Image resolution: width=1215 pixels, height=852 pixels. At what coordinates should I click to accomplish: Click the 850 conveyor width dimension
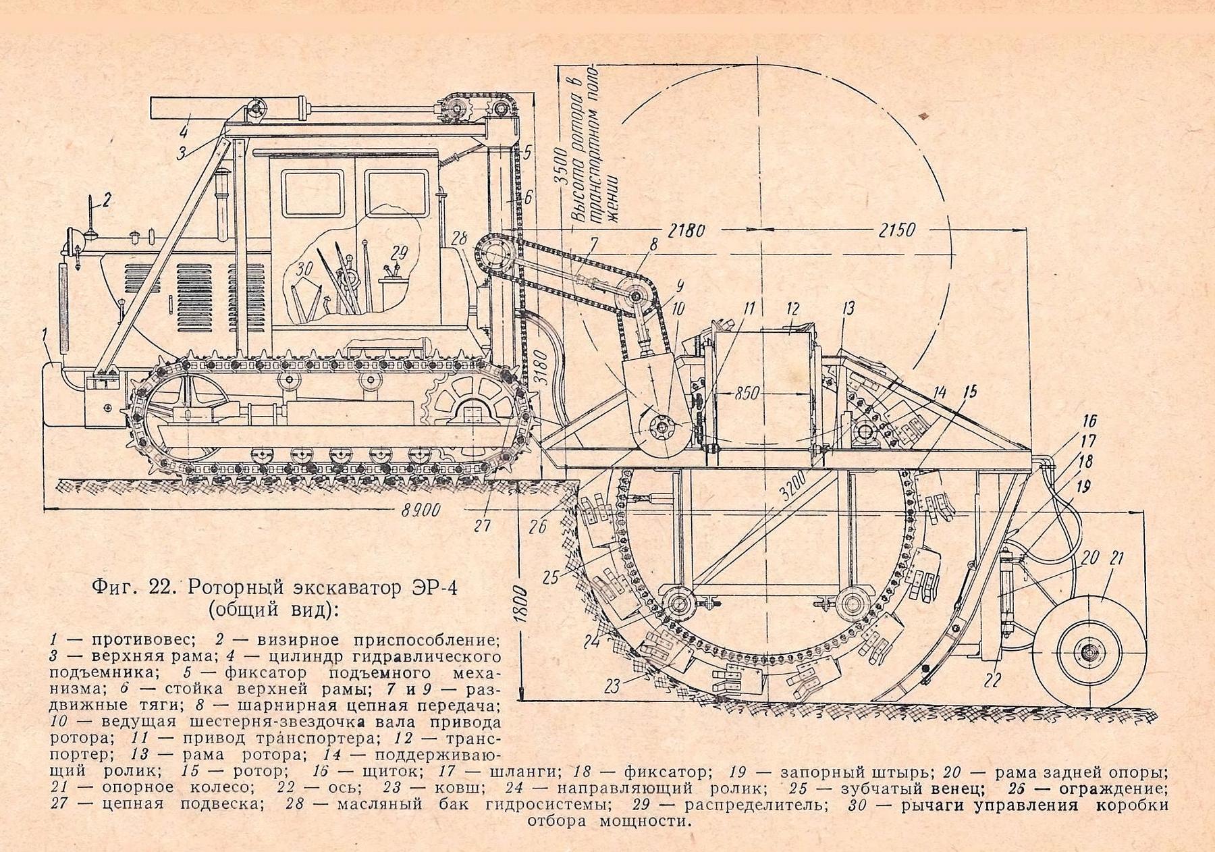point(745,394)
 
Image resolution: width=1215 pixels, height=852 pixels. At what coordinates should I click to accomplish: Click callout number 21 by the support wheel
point(1116,558)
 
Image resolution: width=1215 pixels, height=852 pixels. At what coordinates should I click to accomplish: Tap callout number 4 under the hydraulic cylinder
point(184,130)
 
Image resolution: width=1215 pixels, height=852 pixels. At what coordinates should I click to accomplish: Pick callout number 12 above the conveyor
point(792,309)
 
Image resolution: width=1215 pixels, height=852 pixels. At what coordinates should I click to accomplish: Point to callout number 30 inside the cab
point(304,269)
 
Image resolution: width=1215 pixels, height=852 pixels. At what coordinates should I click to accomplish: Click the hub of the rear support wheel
point(1087,653)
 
